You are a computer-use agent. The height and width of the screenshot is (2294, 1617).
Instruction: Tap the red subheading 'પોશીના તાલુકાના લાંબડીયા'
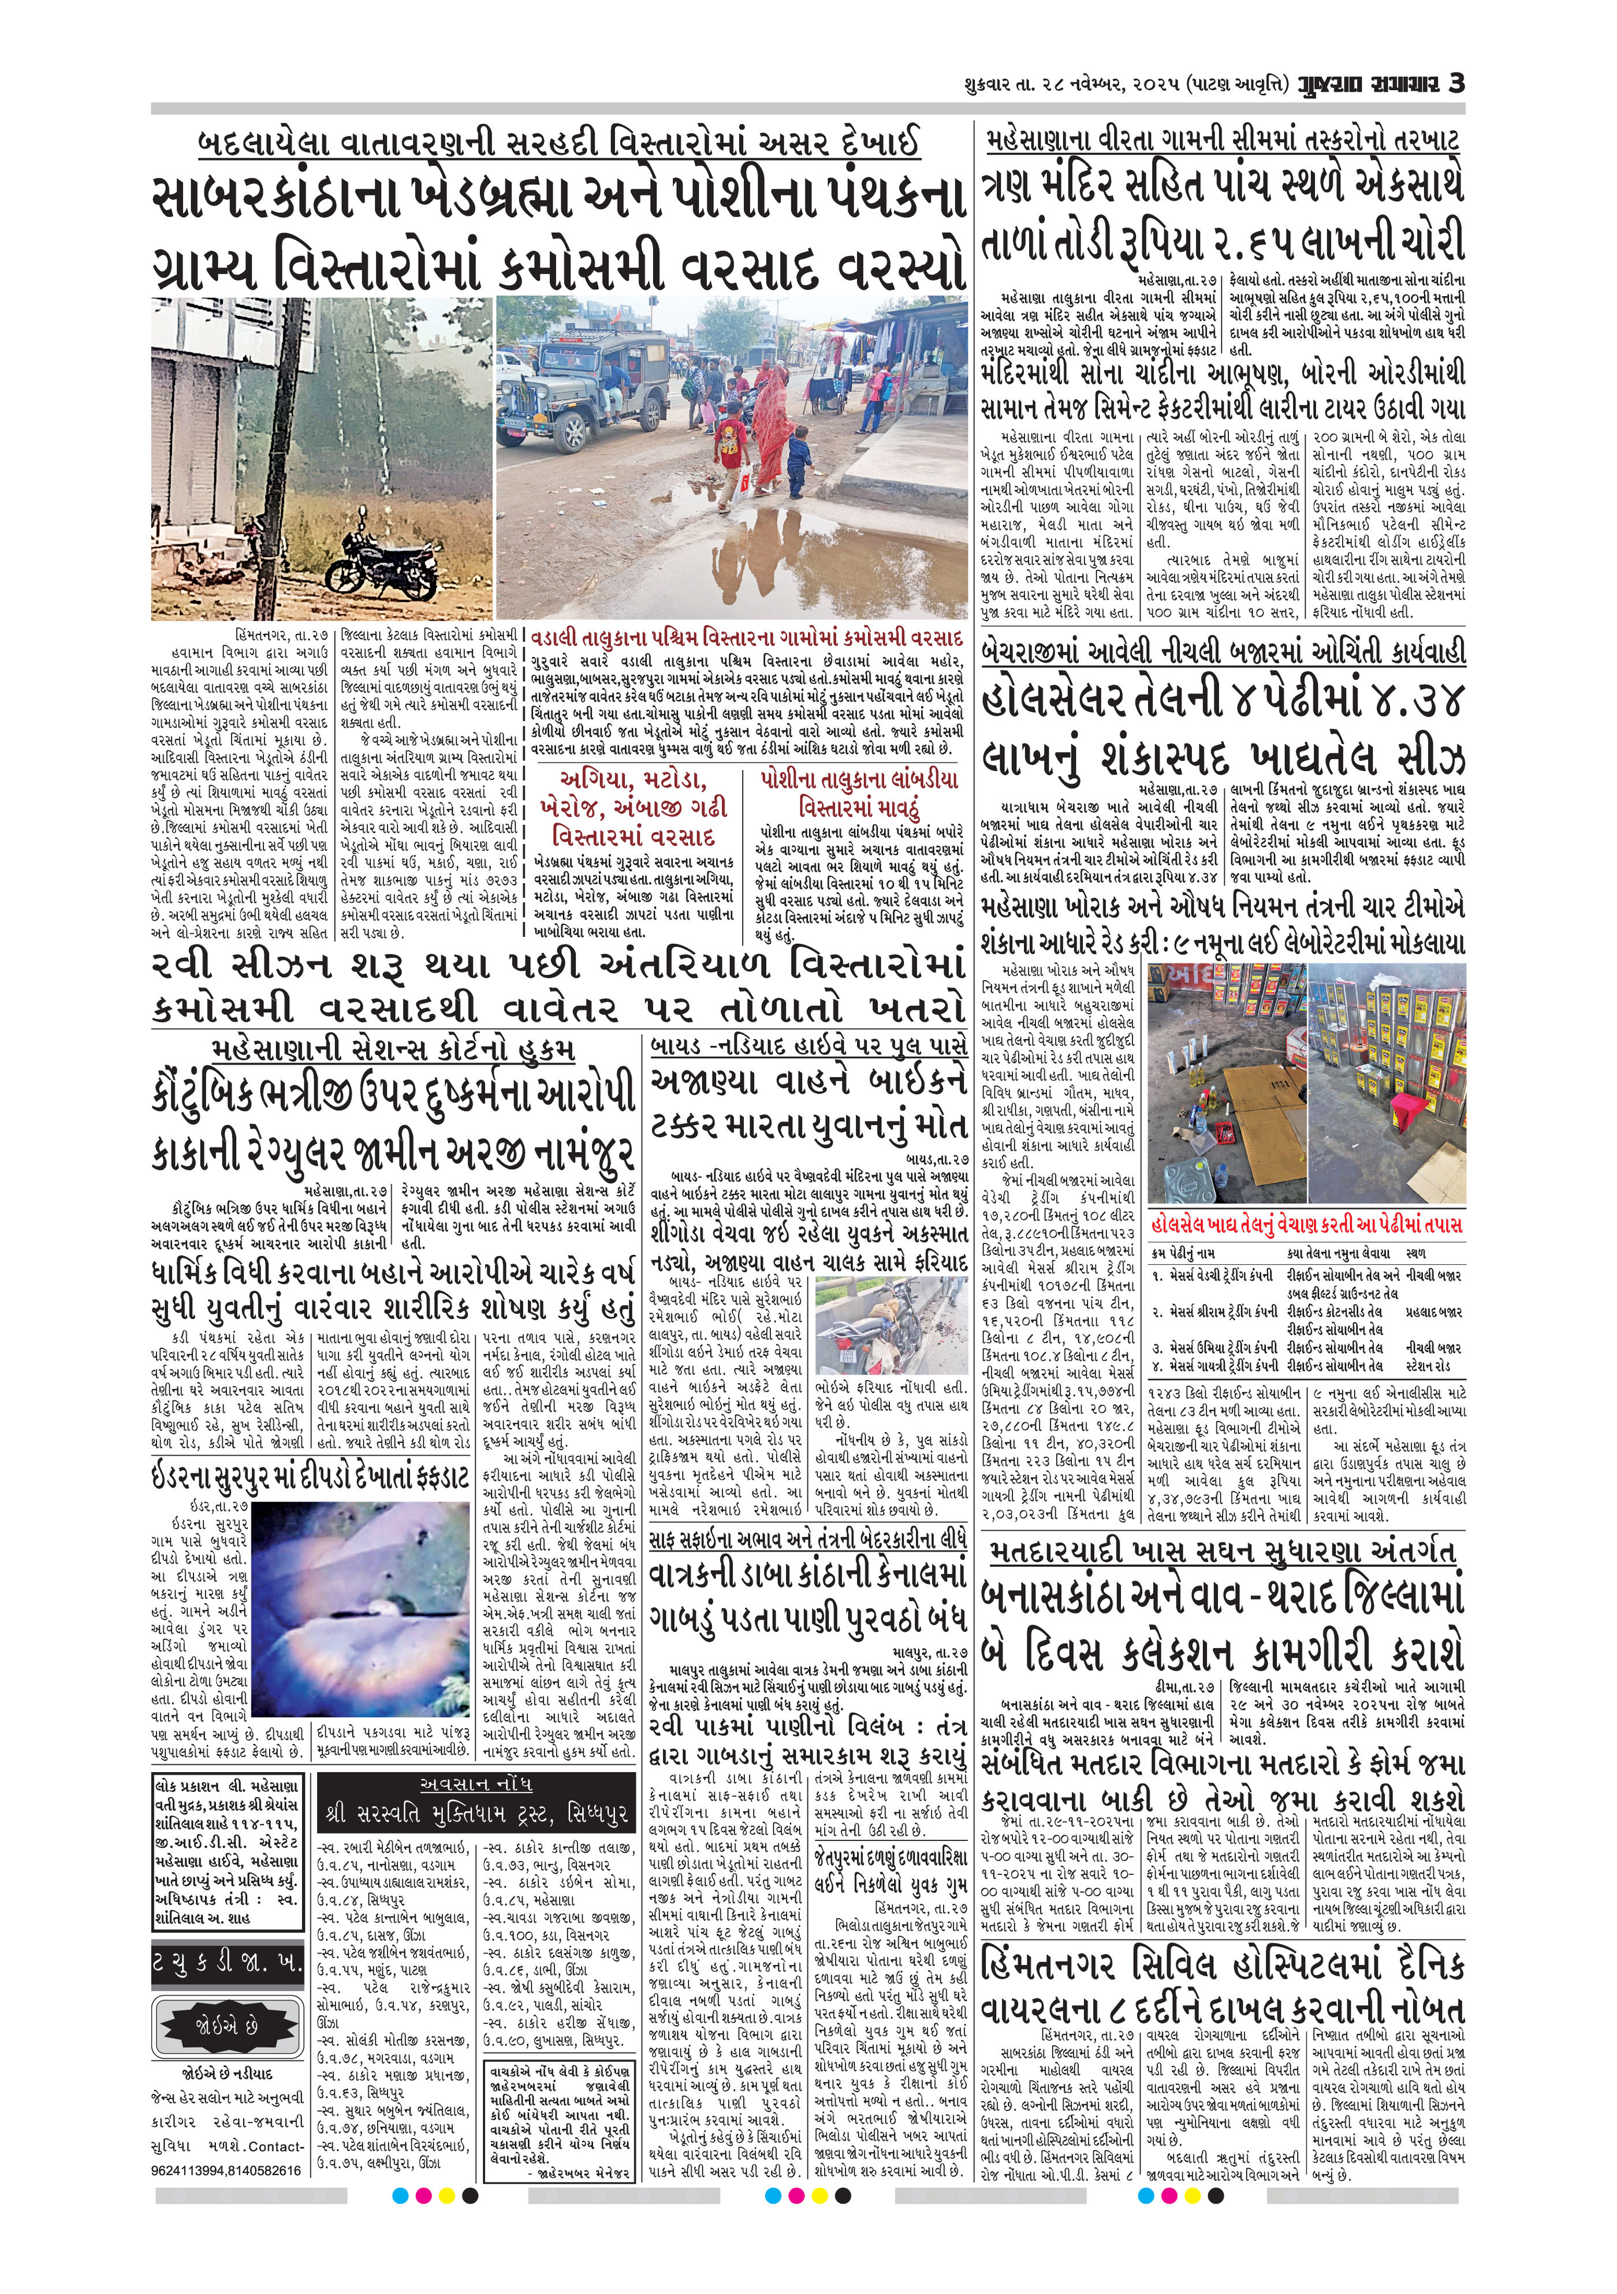(x=859, y=780)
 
